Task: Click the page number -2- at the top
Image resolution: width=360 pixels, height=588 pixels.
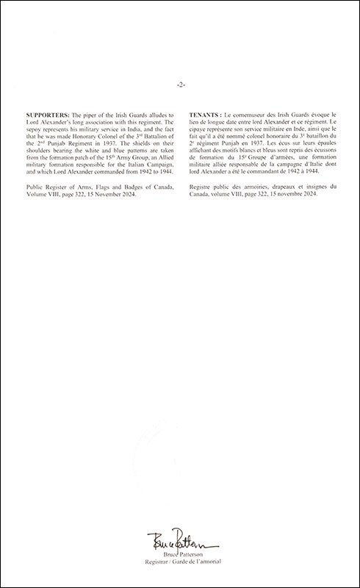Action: [180, 85]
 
